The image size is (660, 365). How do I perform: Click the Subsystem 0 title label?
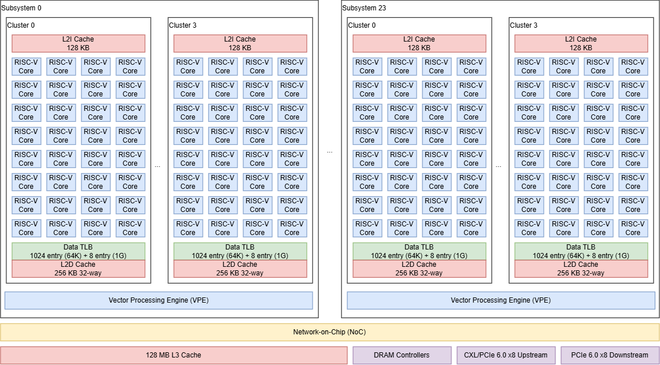coord(21,8)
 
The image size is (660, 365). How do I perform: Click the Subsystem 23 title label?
coord(364,8)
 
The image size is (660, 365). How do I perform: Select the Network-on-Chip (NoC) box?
coord(329,332)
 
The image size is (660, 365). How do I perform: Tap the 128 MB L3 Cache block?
coord(173,355)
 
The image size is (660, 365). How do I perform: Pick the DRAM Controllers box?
coord(402,355)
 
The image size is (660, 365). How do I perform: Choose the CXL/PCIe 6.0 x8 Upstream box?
coord(506,355)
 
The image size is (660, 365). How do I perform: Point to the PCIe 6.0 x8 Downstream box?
coord(610,355)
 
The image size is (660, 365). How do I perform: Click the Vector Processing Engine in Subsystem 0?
coord(159,300)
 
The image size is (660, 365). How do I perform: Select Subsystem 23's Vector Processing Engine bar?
coord(501,300)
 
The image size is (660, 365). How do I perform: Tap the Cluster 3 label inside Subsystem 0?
coord(183,25)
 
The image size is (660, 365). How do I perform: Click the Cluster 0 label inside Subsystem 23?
coord(362,25)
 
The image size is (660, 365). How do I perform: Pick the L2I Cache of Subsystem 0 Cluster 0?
coord(78,43)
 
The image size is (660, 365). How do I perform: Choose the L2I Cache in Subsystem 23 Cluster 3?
coord(581,43)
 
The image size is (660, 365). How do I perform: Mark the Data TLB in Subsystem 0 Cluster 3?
coord(240,251)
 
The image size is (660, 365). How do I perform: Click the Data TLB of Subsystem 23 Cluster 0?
coord(419,251)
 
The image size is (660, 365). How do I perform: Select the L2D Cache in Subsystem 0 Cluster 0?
coord(78,269)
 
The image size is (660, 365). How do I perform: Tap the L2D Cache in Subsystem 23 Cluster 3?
coord(581,269)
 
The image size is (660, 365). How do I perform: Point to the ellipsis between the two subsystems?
coord(329,151)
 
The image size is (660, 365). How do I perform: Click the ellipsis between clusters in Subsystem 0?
coord(157,166)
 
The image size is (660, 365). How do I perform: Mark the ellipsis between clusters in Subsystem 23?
coord(498,166)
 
